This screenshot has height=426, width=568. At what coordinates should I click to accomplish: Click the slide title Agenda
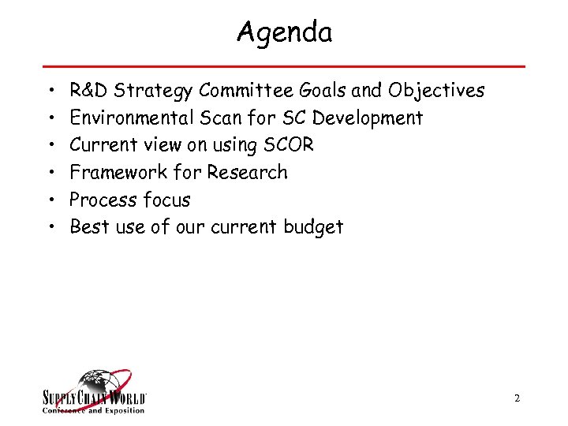pos(284,32)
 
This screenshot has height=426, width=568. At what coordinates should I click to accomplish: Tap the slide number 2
pos(517,399)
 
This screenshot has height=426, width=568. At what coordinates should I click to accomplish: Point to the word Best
pos(86,227)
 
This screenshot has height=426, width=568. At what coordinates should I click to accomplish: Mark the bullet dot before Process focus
pos(50,200)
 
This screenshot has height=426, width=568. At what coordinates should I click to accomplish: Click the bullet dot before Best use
pos(50,228)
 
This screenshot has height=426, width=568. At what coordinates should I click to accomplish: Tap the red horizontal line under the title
pos(284,66)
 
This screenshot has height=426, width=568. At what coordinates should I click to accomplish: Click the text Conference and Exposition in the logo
pos(93,410)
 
